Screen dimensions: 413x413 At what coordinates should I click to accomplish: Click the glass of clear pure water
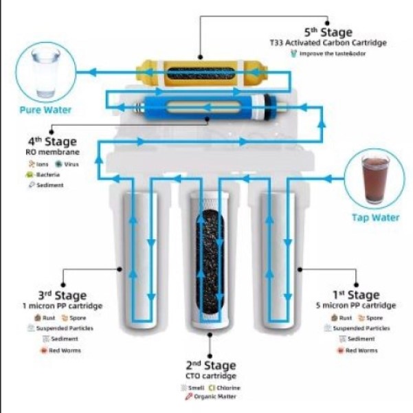coord(45,73)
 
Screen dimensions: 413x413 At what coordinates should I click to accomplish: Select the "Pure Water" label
coord(45,109)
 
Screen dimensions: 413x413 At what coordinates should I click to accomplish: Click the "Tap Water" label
coord(375,217)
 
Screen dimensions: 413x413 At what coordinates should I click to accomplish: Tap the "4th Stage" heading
coord(52,142)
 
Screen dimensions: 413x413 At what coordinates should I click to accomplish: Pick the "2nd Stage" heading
coord(210,365)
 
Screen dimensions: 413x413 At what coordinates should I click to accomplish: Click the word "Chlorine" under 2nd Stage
coord(230,388)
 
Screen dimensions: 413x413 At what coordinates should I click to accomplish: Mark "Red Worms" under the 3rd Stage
coord(67,350)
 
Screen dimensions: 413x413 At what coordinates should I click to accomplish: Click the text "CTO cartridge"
coord(210,376)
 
